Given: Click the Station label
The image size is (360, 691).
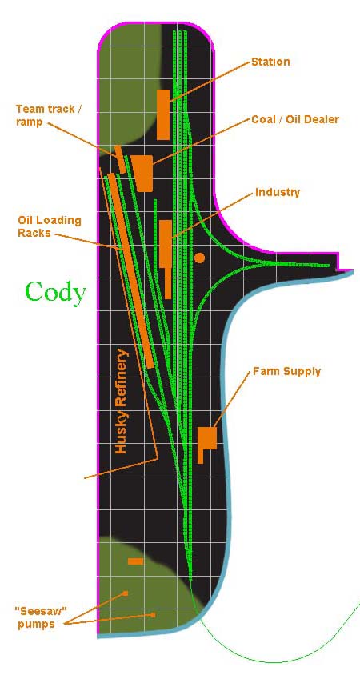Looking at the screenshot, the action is [270, 62].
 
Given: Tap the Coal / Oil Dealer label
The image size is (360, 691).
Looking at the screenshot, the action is [295, 119].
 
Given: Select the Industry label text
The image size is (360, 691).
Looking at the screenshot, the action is [278, 192].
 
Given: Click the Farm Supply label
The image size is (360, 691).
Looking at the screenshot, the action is [286, 372].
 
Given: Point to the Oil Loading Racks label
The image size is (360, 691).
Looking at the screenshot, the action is [50, 226].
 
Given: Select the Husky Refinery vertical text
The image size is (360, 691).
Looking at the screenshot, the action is [121, 401].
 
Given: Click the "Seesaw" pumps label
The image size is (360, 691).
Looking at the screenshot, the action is [38, 618].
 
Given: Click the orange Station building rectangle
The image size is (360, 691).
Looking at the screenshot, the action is [163, 114].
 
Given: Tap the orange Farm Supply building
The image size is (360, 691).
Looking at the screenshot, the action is [206, 442].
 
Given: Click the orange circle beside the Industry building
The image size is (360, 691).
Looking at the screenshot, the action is [200, 258].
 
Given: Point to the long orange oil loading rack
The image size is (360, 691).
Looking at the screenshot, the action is [131, 270].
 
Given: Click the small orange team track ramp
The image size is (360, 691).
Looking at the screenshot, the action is [120, 159].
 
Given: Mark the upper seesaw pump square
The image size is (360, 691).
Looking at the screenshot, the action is [126, 593].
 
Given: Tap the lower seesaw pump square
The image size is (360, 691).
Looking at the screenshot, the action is [154, 614].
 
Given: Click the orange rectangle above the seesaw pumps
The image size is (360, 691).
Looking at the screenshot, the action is [136, 561].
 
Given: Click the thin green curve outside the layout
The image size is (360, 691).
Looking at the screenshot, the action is [273, 661].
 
